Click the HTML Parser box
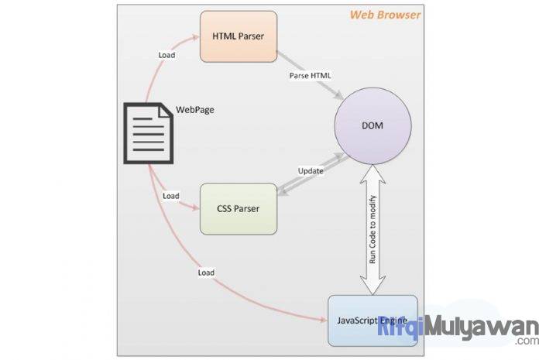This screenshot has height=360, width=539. pyautogui.click(x=239, y=36)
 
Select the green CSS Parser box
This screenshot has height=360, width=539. pyautogui.click(x=239, y=209)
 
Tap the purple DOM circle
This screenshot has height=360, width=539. pyautogui.click(x=373, y=125)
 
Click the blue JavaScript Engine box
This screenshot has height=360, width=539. pyautogui.click(x=373, y=321)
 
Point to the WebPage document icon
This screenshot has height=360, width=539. pyautogui.click(x=149, y=133)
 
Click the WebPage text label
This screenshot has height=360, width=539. pyautogui.click(x=195, y=110)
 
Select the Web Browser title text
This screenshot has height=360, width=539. pyautogui.click(x=385, y=15)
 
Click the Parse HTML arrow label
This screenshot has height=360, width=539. pyautogui.click(x=310, y=76)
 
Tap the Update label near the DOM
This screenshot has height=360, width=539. pyautogui.click(x=311, y=171)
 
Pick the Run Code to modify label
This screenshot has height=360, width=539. pyautogui.click(x=372, y=229)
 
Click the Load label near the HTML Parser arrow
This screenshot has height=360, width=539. pyautogui.click(x=167, y=55)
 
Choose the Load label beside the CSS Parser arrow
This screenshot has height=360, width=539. pyautogui.click(x=171, y=196)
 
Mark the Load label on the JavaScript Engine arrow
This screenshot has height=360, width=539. pyautogui.click(x=206, y=273)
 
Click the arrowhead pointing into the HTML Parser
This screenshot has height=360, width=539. pyautogui.click(x=196, y=36)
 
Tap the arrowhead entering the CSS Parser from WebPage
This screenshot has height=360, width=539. pyautogui.click(x=196, y=207)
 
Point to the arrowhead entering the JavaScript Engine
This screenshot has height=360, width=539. pyautogui.click(x=324, y=321)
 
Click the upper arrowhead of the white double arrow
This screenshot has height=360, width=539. pyautogui.click(x=373, y=173)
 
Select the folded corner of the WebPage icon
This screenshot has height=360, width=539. pyautogui.click(x=166, y=111)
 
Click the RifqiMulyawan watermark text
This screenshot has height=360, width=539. pyautogui.click(x=458, y=328)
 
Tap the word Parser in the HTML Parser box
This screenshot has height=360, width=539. pyautogui.click(x=251, y=36)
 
